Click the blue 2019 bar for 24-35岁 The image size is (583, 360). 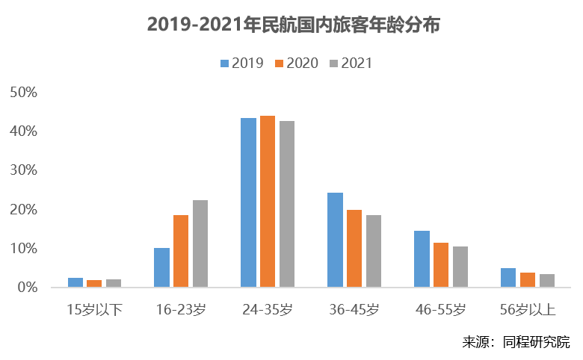click(x=248, y=202)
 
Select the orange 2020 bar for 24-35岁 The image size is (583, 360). click(x=268, y=202)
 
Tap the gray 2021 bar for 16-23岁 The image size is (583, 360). click(x=200, y=243)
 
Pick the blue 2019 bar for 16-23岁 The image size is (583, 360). click(x=161, y=267)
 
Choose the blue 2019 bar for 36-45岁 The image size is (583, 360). click(x=335, y=240)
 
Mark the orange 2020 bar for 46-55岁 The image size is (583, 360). click(x=441, y=265)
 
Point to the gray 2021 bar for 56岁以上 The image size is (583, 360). click(x=547, y=281)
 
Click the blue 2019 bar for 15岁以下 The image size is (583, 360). click(x=75, y=282)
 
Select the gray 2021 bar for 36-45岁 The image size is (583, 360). click(x=374, y=251)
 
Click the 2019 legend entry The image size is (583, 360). click(x=242, y=63)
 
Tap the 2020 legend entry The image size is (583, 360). click(x=297, y=63)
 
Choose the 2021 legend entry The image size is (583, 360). click(x=351, y=63)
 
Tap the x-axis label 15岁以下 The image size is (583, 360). click(x=94, y=308)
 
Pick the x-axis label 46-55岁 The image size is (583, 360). click(x=441, y=308)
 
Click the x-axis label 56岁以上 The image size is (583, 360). click(x=528, y=308)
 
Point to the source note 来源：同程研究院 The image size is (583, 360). click(x=516, y=342)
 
